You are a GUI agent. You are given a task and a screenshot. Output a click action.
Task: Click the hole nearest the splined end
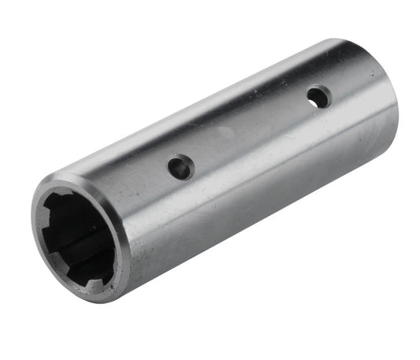click(x=180, y=167)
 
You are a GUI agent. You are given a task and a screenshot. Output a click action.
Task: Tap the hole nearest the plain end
click(x=318, y=97)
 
